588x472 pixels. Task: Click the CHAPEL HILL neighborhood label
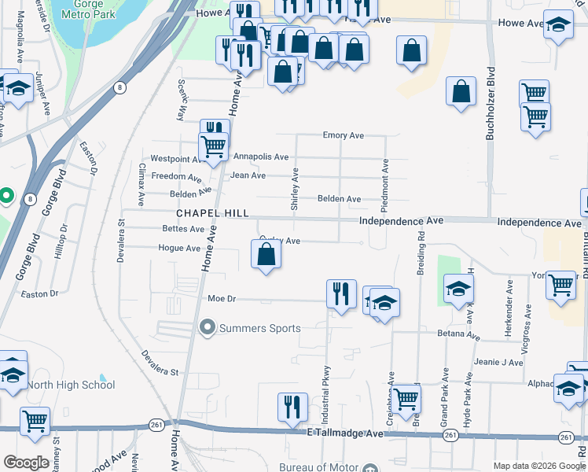point(212,213)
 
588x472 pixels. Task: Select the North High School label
point(72,385)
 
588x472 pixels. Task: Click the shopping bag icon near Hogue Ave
point(266,255)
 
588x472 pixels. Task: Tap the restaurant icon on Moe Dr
point(341,294)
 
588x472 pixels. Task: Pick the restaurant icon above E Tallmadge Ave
point(292,407)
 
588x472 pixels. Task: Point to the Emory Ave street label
point(344,135)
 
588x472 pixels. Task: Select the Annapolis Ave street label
point(260,157)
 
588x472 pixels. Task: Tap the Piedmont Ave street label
point(385,186)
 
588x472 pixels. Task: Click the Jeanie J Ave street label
point(499,363)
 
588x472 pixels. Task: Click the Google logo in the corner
point(27,462)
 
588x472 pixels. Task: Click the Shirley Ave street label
point(296,185)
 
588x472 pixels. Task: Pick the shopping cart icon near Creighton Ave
point(406,399)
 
